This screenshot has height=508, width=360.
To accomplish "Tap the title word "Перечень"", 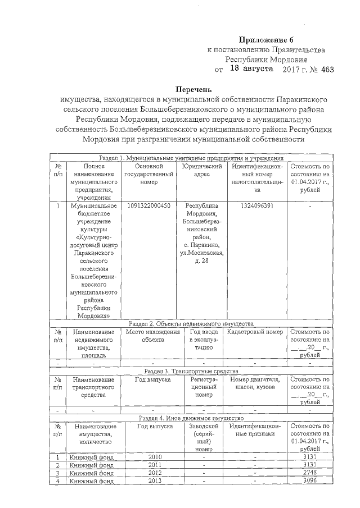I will [194, 90].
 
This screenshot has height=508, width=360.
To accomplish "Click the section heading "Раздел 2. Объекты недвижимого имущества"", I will [191, 323].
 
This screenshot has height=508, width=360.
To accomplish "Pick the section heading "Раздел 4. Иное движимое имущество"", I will [191, 419].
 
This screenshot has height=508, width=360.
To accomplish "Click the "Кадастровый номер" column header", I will [255, 332].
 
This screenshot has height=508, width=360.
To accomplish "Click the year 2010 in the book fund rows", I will [154, 457].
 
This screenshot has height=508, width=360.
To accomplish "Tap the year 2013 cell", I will [154, 480].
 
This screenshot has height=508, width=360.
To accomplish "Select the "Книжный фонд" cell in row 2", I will [92, 465].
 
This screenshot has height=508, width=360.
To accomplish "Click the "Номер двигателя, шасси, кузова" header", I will [255, 384].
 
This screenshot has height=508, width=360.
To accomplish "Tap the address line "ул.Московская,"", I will [201, 254].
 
